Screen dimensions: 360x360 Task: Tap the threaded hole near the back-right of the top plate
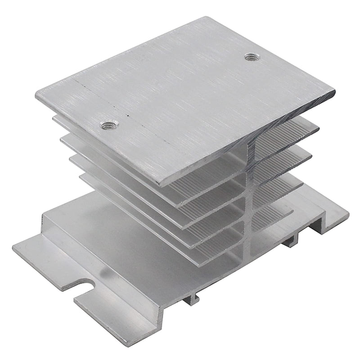tap(252, 57)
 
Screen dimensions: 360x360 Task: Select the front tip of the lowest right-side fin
tap(292, 209)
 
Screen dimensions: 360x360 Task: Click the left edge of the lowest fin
tap(81, 177)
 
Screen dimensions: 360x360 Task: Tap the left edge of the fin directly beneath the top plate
tap(54, 118)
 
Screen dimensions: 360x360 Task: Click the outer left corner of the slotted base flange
tap(13, 247)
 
